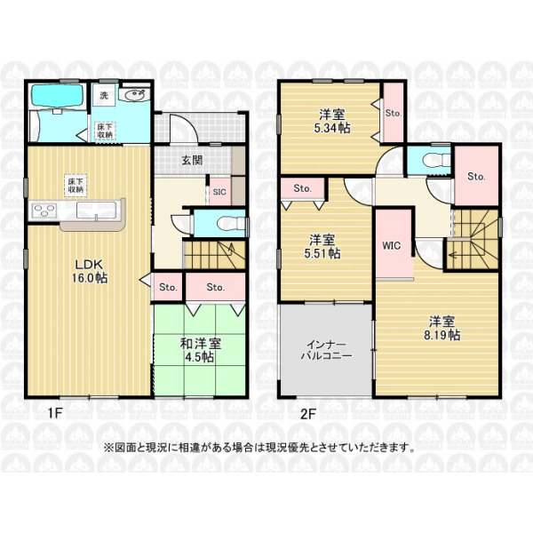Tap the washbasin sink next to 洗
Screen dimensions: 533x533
coord(135,95)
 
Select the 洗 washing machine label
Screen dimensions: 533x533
coord(104,96)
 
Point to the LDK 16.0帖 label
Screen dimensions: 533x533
coord(89,271)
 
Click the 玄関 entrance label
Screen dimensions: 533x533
coord(193,160)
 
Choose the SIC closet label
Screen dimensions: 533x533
coord(219,192)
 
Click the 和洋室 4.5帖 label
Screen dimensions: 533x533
coord(200,351)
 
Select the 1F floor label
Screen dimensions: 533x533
coord(54,413)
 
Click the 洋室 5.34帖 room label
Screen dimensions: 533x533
coord(332,122)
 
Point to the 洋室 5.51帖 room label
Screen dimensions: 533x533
coord(322,247)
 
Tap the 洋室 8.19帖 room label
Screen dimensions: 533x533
coord(442,329)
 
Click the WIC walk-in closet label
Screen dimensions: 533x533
coord(392,245)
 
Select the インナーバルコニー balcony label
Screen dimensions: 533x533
coord(326,351)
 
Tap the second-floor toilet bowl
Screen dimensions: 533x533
coord(438,160)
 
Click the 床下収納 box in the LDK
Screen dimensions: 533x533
coord(76,186)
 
